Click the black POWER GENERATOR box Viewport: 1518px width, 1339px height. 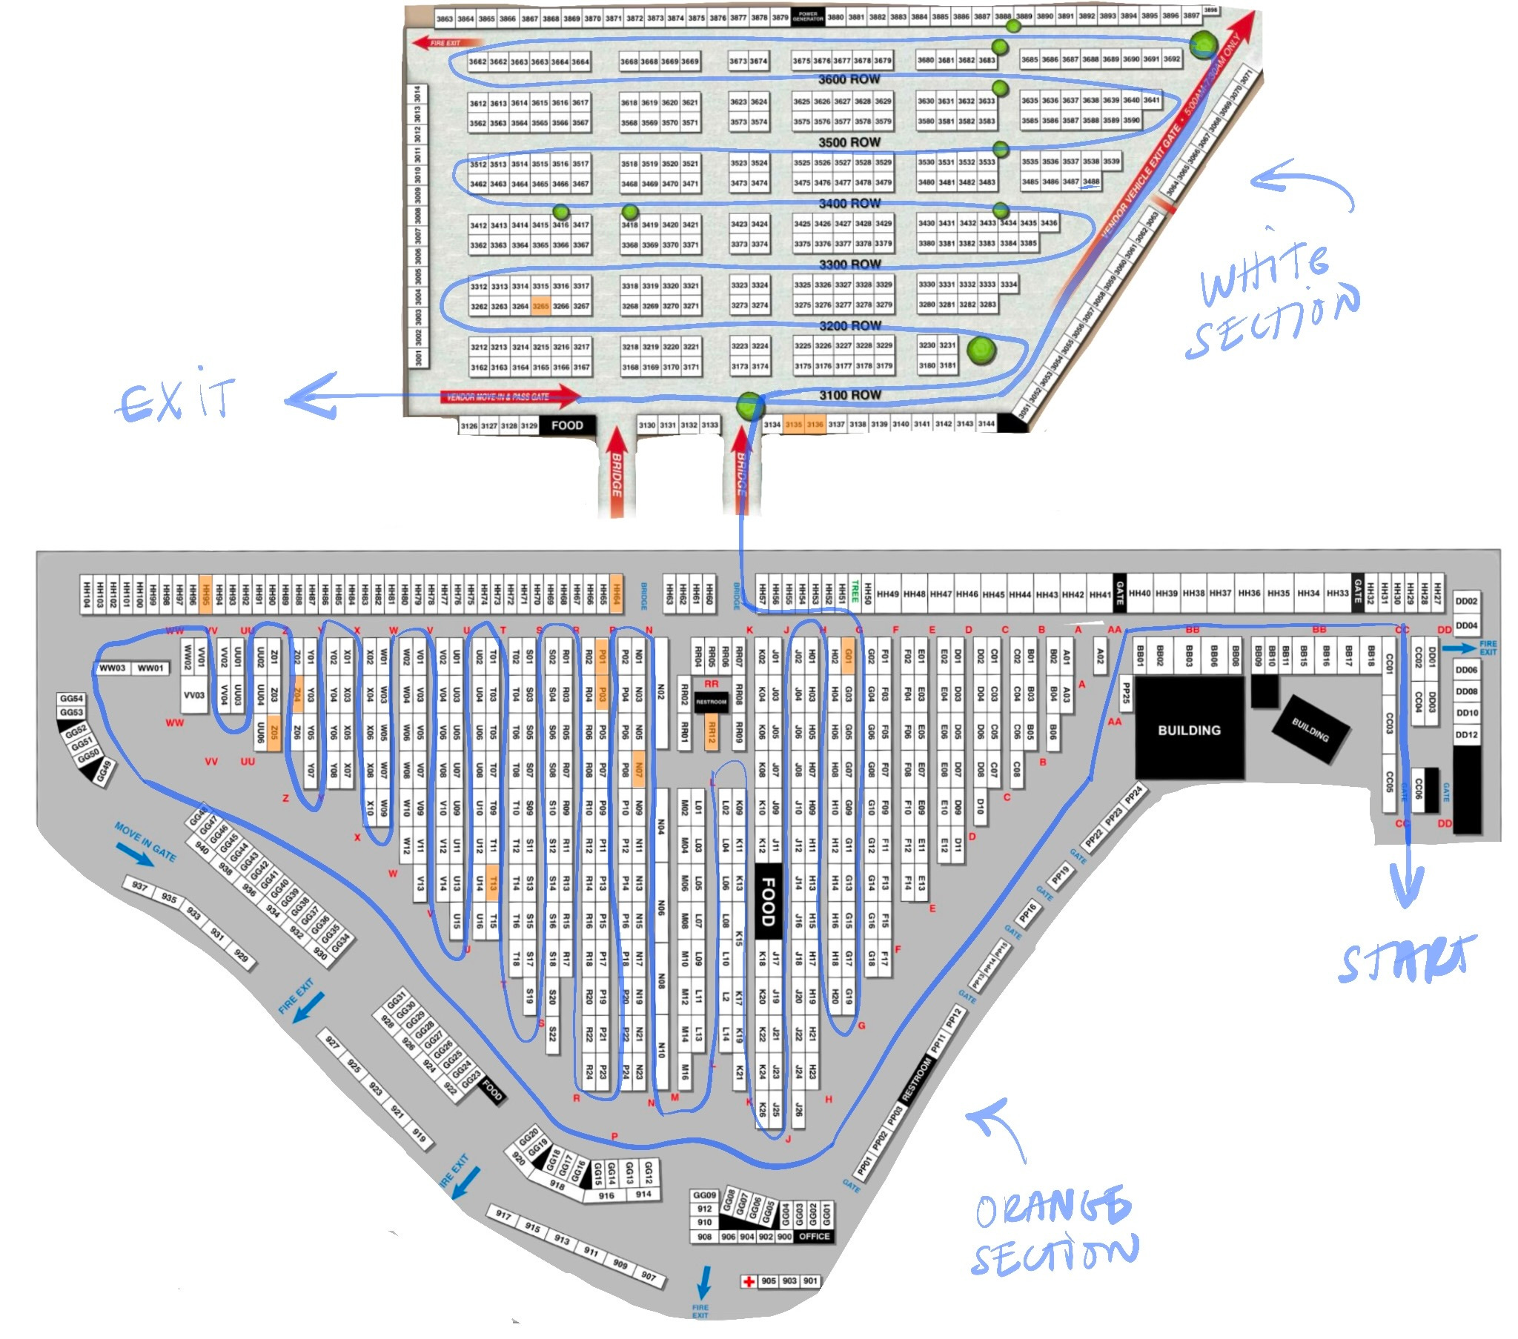(807, 16)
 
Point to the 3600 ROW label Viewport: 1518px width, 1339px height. (849, 79)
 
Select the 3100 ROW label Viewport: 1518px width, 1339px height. (849, 395)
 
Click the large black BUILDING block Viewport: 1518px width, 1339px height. (1189, 730)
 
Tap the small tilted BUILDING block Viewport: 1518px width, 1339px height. (1310, 729)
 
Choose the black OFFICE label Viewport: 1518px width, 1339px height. (814, 1237)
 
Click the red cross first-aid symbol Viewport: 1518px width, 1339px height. (749, 1281)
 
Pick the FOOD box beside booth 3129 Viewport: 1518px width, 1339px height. (566, 425)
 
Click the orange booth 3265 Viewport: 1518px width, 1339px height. (540, 306)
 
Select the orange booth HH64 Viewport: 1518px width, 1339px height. (616, 594)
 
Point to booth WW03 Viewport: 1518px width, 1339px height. (113, 668)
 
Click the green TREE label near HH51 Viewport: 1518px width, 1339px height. (855, 594)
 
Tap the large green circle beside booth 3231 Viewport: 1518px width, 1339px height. (981, 349)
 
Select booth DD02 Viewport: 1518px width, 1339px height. (1466, 602)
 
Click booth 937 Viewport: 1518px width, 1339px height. (139, 886)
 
